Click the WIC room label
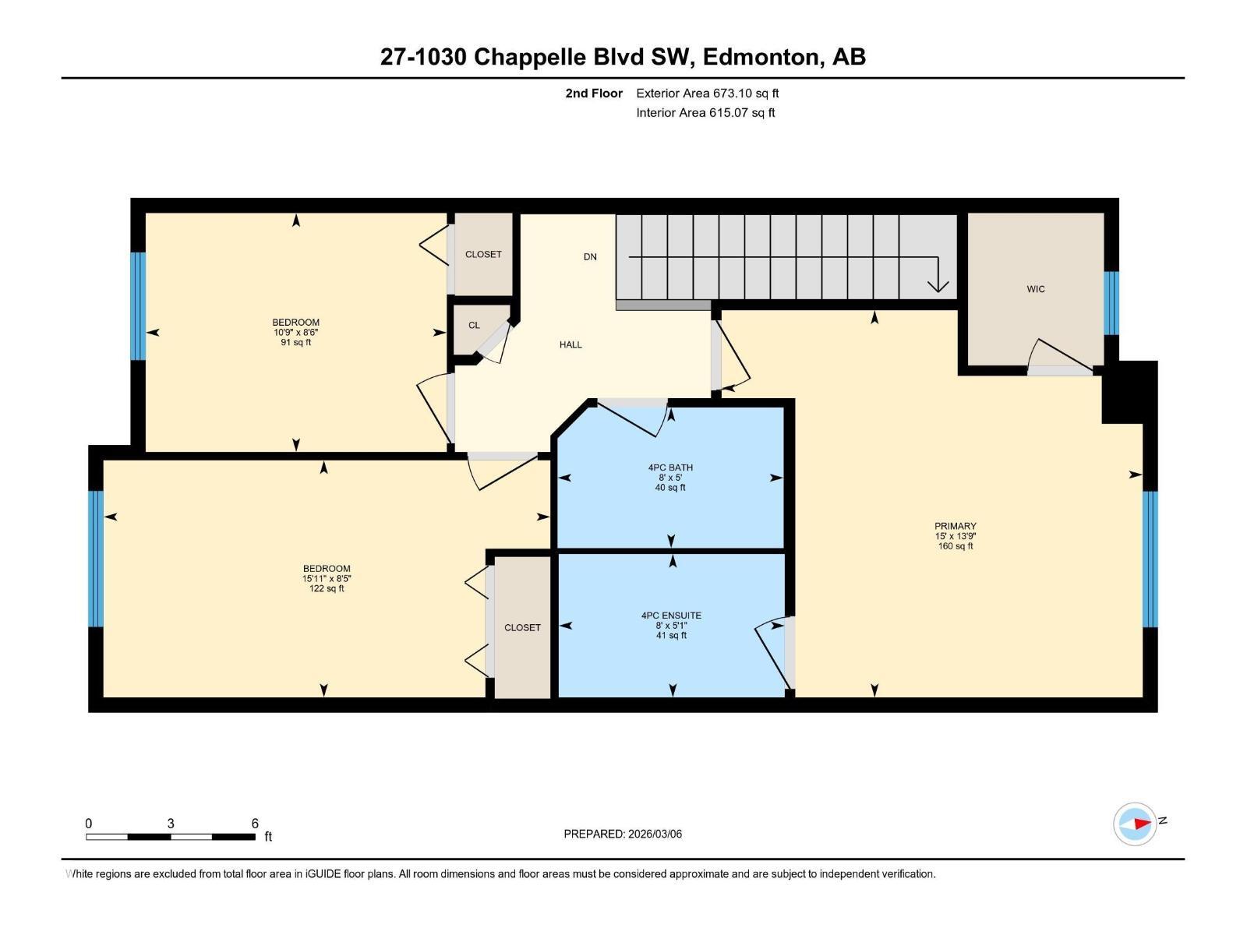1035,289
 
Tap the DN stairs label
590,256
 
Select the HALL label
571,344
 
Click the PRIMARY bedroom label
956,526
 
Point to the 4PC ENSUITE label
671,616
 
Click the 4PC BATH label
670,467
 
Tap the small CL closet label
474,325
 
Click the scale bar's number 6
255,824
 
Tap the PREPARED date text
623,834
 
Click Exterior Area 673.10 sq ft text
707,93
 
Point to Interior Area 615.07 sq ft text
705,113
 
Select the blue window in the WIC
1111,303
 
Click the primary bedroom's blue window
1150,559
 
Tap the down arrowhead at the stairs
938,285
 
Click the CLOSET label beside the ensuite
522,627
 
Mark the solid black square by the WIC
1129,392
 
